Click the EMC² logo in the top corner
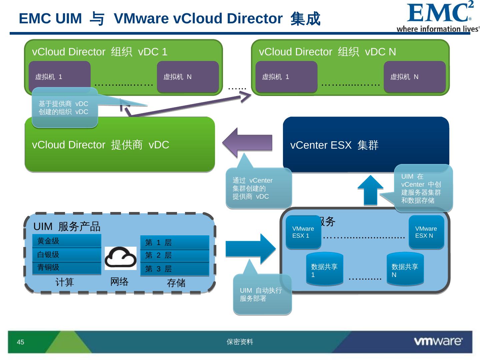(438, 17)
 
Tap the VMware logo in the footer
(438, 341)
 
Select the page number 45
(20, 342)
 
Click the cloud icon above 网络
(120, 258)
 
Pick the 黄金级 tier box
(67, 241)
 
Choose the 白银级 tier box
(67, 255)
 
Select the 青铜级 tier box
(67, 268)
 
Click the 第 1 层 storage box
(175, 242)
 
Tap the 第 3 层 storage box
(175, 269)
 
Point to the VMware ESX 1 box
(303, 232)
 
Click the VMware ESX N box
(426, 232)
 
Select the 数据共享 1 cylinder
(324, 269)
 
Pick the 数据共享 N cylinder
(405, 269)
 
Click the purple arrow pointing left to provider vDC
(247, 143)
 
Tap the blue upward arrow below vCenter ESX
(370, 190)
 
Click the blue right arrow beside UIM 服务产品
(250, 249)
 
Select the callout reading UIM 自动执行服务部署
(262, 294)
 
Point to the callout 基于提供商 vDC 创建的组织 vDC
(65, 108)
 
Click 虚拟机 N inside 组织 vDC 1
(188, 77)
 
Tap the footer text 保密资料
(240, 342)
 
